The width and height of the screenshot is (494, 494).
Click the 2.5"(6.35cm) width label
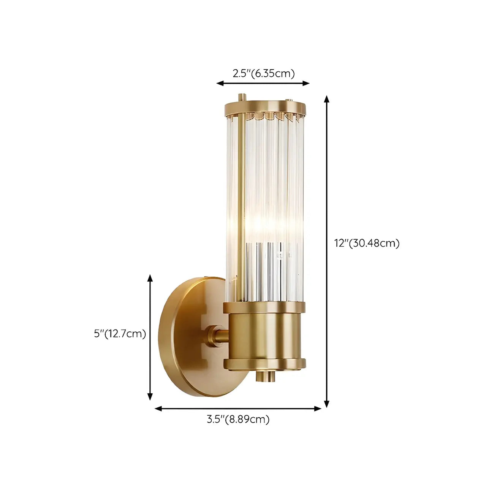click(x=263, y=73)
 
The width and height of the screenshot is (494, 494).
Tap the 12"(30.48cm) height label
click(x=367, y=243)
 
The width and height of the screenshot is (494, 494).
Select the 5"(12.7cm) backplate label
click(x=120, y=334)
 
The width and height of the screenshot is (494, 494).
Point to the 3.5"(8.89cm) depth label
click(x=238, y=420)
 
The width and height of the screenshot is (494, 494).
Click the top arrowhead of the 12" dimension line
click(x=326, y=99)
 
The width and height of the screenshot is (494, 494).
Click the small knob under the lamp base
click(x=265, y=376)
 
